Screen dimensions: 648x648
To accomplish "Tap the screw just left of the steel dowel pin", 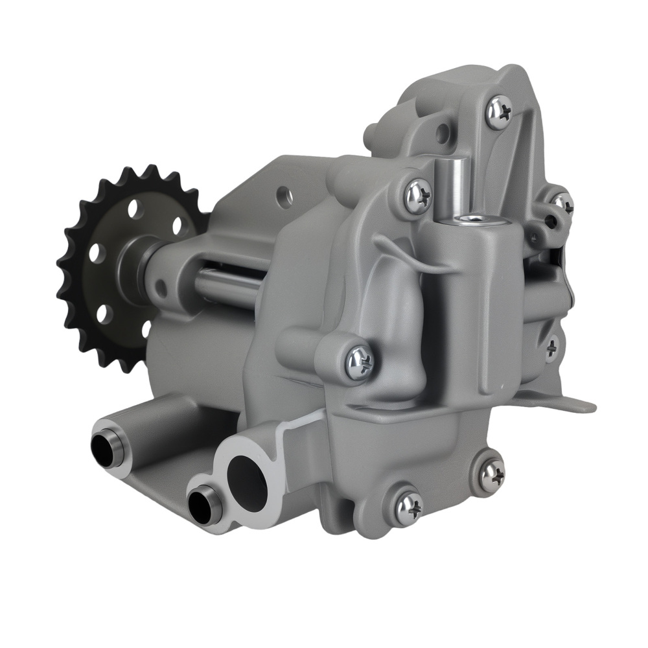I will tap(418, 195).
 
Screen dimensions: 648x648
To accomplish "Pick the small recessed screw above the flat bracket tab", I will tap(551, 347).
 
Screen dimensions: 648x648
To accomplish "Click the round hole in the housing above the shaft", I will tap(283, 193).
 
